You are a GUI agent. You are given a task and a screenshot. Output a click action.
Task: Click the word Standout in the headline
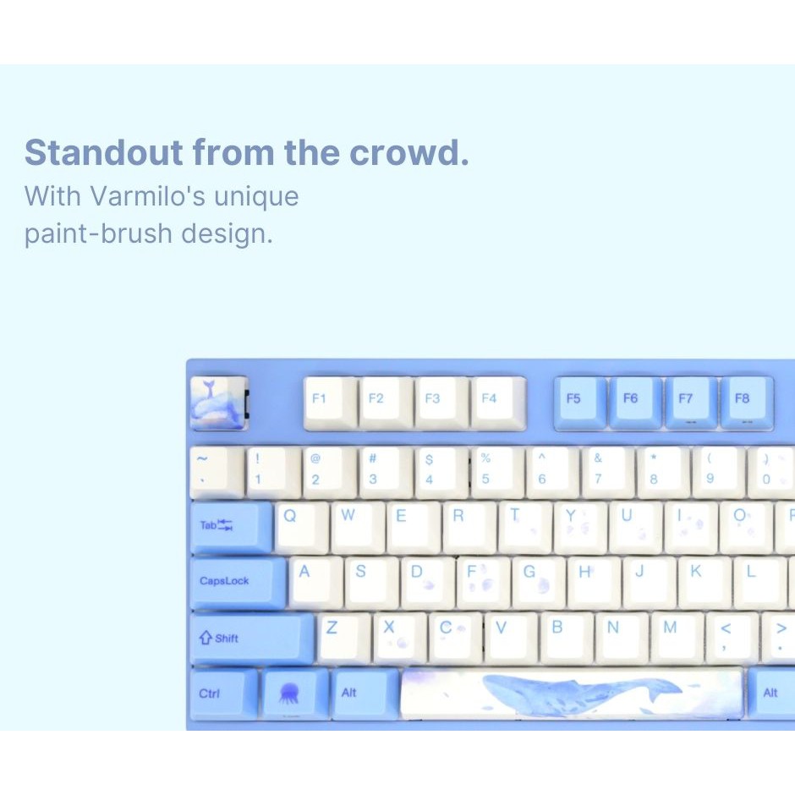104,151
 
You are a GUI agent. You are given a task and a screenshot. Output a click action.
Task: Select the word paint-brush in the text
98,233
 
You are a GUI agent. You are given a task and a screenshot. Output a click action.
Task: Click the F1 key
330,403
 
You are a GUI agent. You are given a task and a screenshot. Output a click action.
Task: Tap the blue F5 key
580,403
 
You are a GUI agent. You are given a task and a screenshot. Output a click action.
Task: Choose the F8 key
747,403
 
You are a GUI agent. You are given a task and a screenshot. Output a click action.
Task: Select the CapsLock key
238,583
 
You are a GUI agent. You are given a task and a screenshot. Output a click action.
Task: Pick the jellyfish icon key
295,694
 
